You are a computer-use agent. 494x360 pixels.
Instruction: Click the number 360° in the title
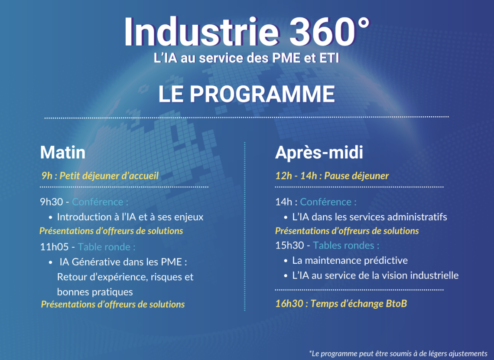(x=329, y=32)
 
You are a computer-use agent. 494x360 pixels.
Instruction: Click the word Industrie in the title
(x=202, y=32)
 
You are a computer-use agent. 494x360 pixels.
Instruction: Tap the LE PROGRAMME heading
(x=247, y=94)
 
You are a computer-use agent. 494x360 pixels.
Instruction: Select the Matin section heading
(x=63, y=152)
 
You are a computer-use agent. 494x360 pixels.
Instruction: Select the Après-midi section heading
(x=319, y=153)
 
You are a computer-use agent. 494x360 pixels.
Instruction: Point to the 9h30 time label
(x=52, y=202)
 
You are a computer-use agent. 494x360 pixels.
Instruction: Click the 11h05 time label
(x=54, y=246)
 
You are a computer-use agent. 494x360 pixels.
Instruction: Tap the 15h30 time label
(x=289, y=245)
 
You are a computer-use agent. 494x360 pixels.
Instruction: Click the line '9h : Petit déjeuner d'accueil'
(x=100, y=176)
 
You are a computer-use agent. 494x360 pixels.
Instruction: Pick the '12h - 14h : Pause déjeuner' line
(x=332, y=176)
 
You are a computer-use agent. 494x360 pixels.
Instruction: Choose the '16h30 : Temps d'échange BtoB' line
(x=341, y=304)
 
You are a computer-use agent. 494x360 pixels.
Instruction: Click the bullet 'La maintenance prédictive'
(x=350, y=260)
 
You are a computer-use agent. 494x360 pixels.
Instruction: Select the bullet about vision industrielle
(x=376, y=275)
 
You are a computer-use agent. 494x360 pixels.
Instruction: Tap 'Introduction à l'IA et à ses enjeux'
(x=130, y=217)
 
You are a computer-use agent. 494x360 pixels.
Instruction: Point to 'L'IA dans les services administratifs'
(x=370, y=217)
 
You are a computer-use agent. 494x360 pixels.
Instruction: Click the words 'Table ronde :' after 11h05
(x=107, y=246)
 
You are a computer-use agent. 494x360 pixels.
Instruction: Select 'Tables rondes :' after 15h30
(x=346, y=245)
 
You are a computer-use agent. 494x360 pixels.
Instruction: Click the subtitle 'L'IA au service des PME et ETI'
(x=247, y=58)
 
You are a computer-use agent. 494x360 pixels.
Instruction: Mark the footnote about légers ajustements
(x=398, y=353)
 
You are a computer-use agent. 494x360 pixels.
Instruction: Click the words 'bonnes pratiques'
(x=95, y=292)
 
